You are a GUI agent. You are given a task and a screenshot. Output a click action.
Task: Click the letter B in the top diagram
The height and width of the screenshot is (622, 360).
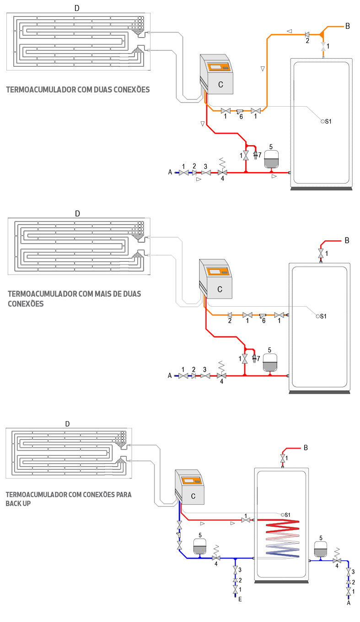click(348, 26)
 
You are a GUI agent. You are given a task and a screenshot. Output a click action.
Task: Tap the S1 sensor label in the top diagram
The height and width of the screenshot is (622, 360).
click(328, 121)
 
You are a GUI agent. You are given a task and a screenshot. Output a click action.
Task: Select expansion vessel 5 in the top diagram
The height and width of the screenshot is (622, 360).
click(270, 160)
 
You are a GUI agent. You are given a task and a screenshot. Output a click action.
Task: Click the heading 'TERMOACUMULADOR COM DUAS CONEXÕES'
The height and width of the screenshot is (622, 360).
click(78, 90)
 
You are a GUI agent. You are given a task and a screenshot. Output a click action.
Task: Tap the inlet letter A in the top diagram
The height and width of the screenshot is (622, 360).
click(170, 172)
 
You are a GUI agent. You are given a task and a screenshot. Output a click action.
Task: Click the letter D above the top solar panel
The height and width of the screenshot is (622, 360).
click(77, 9)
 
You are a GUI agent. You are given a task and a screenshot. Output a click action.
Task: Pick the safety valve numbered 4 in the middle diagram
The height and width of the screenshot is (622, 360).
click(222, 375)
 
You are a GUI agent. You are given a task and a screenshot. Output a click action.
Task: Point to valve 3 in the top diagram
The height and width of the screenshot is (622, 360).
click(206, 173)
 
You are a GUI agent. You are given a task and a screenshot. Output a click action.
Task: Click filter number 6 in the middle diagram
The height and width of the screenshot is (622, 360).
click(263, 315)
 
